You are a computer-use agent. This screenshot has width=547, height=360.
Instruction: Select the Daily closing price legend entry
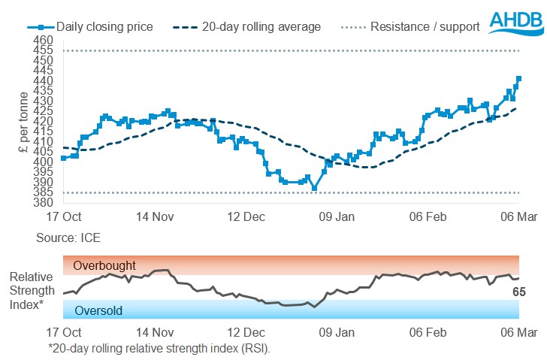[100, 27]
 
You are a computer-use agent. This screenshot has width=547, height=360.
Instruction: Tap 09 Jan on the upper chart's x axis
[337, 217]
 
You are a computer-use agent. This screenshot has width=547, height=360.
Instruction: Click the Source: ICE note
[68, 237]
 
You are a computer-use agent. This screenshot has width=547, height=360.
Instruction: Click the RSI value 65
[519, 292]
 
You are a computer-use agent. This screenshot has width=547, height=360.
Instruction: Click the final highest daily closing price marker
[519, 78]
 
